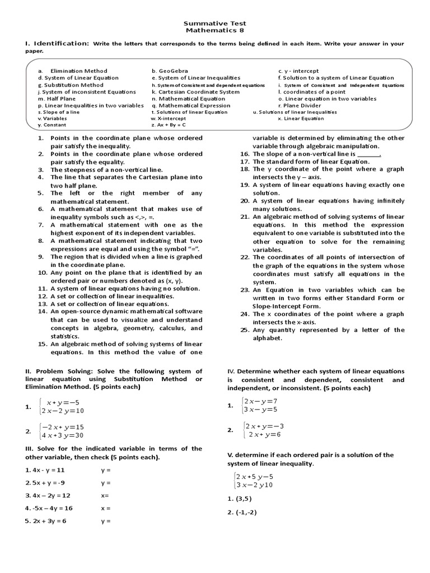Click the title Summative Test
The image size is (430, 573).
214,24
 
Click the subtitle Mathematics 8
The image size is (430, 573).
214,31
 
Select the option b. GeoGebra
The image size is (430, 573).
169,71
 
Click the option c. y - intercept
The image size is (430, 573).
298,71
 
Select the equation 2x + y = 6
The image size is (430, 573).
264,434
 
